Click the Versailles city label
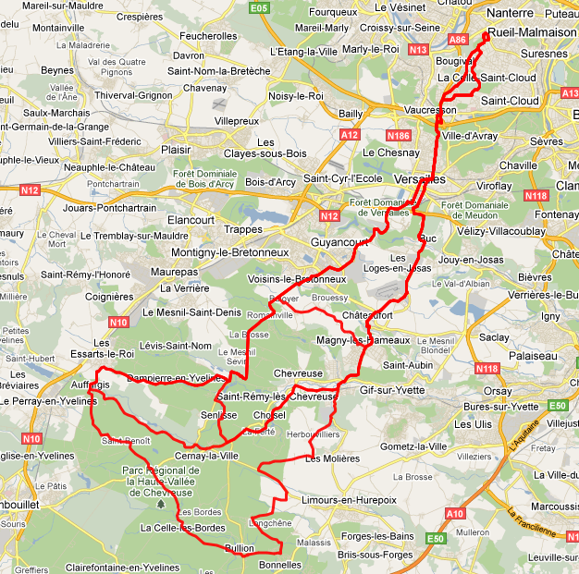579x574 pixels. (419, 178)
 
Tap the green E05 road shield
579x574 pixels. (259, 8)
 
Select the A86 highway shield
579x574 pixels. (457, 40)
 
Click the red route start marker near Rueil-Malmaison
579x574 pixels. (486, 36)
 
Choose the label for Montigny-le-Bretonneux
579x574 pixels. (230, 252)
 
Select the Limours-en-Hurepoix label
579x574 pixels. (349, 499)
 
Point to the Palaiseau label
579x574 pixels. (534, 355)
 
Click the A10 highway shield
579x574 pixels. (454, 514)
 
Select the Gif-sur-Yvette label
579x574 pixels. (391, 390)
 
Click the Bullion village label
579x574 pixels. (239, 548)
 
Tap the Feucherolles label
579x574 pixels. (208, 35)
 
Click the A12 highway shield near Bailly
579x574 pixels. (349, 135)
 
